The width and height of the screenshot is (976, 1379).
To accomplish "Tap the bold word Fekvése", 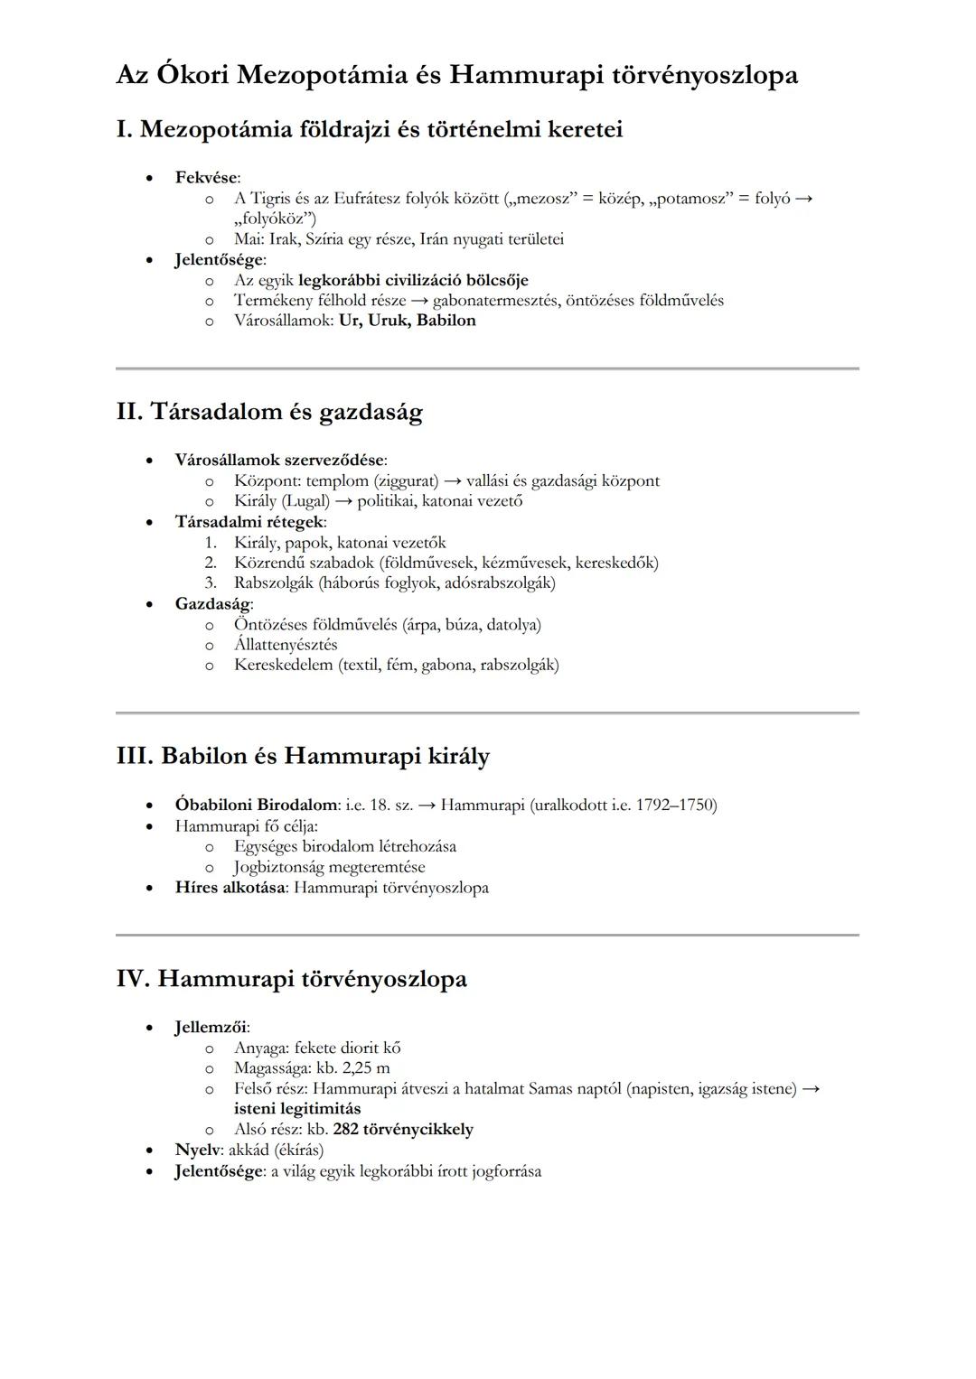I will tap(205, 177).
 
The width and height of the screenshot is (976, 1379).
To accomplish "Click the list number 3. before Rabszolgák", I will tap(211, 582).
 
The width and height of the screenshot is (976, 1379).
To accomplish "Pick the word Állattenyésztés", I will tap(286, 645).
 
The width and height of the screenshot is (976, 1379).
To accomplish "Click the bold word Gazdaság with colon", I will tap(213, 603).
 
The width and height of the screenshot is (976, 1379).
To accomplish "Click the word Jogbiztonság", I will tap(278, 867).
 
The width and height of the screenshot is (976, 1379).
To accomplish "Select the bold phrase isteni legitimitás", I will tap(296, 1108).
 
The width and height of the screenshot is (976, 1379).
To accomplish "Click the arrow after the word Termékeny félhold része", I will tap(418, 300).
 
